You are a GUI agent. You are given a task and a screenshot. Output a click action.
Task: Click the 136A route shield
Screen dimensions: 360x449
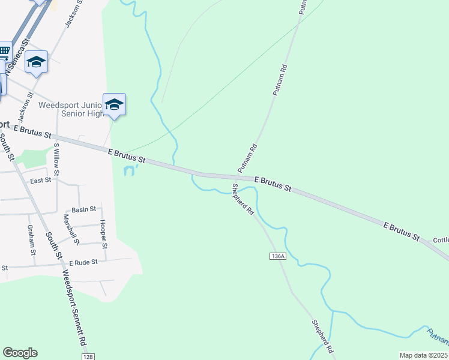277,256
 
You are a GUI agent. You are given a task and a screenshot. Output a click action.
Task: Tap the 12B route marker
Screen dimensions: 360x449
89,357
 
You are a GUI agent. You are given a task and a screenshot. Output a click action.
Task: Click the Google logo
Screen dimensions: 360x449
20,353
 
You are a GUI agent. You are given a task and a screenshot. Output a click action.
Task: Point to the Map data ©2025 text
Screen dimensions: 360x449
423,355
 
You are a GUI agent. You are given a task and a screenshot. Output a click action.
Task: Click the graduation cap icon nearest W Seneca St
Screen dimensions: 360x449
37,62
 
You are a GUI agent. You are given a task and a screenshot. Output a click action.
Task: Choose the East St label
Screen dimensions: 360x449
40,181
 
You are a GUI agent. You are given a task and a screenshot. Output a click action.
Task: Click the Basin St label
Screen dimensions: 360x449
84,209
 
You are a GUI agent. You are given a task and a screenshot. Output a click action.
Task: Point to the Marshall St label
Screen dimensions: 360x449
71,230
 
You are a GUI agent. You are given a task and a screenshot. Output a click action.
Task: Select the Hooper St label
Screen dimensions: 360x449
103,235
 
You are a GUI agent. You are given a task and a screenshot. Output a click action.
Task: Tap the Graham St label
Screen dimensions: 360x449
31,239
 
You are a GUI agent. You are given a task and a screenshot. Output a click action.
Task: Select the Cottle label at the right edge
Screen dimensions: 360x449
441,240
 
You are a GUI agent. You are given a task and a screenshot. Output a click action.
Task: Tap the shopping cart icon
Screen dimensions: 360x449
4,51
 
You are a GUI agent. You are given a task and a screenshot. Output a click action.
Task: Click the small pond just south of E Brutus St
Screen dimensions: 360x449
129,171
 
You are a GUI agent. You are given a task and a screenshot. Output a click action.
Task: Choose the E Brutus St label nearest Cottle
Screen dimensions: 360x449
401,232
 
